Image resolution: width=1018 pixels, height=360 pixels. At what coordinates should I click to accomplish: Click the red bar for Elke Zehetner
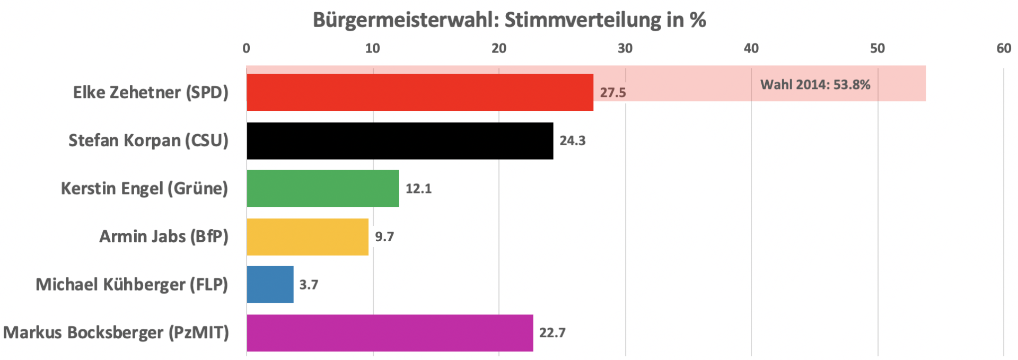point(419,92)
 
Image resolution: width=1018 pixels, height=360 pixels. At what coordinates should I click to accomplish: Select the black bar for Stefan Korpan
point(400,141)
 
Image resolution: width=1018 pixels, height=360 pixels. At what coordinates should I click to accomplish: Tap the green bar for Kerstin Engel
point(322,188)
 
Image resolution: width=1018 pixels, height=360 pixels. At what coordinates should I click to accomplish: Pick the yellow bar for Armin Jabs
point(308,236)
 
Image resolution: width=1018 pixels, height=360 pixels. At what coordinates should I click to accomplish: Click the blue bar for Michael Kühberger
point(270,285)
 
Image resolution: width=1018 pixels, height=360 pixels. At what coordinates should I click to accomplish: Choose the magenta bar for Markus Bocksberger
point(390,333)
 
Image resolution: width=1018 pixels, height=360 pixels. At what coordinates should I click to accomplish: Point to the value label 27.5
point(613,93)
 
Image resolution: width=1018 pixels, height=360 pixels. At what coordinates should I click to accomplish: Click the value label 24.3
point(573,141)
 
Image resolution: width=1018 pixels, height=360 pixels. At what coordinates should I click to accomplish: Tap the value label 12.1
point(418,189)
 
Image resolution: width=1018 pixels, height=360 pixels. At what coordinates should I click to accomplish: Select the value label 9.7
point(384,236)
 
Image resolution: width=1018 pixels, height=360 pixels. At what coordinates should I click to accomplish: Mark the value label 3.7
point(309,285)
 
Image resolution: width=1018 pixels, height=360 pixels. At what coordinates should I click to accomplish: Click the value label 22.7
point(552,333)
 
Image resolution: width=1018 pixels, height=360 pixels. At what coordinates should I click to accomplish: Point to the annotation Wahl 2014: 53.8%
point(815,85)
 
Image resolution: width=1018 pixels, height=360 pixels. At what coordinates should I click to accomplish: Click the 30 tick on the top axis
point(625,48)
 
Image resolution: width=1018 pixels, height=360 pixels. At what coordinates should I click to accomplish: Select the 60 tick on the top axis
point(1004,48)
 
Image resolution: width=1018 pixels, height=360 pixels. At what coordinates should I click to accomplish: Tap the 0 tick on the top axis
point(247,48)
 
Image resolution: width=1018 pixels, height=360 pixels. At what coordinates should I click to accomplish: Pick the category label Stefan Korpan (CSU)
point(148,141)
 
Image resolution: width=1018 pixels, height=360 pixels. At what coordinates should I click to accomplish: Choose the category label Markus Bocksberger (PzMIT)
point(116,333)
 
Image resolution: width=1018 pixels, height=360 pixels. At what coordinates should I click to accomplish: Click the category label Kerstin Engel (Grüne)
point(144,189)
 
